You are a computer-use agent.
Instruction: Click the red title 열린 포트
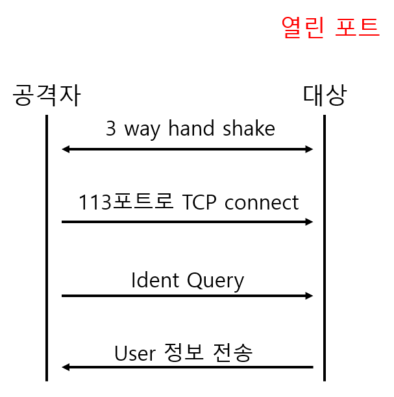[x=330, y=27]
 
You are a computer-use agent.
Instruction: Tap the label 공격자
[x=47, y=96]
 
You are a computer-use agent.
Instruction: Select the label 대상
[x=325, y=96]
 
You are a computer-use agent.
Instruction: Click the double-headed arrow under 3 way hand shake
[x=188, y=149]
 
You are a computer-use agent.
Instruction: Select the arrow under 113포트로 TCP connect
[x=188, y=222]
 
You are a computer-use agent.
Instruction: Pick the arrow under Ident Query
[x=188, y=296]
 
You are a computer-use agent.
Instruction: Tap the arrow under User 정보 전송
[x=188, y=368]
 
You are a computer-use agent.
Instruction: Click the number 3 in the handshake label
[x=111, y=128]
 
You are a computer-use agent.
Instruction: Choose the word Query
[x=215, y=282]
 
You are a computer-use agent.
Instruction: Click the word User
[x=135, y=353]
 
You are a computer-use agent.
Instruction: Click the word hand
[x=191, y=128]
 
